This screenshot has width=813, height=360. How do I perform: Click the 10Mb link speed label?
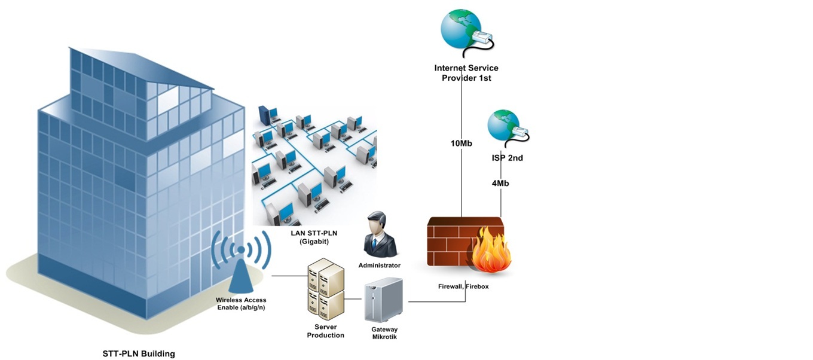tap(462, 144)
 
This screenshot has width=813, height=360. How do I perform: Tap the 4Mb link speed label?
tap(500, 184)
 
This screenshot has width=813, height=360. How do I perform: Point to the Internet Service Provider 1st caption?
tap(466, 73)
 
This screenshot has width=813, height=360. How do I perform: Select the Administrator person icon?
tap(380, 234)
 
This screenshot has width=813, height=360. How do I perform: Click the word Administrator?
tap(380, 265)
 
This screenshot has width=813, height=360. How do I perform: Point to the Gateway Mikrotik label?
tap(384, 333)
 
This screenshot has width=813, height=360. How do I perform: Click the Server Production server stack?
tap(326, 289)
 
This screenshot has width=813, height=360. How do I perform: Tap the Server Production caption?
tap(326, 331)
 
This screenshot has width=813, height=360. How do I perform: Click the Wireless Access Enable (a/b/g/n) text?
tap(241, 304)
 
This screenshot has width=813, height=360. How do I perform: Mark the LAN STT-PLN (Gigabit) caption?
tap(310, 237)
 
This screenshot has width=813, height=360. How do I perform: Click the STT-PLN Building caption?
tap(139, 354)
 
